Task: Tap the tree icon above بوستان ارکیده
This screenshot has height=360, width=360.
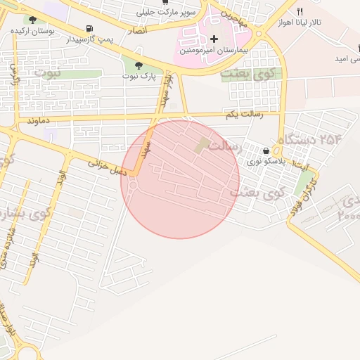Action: pos(32,20)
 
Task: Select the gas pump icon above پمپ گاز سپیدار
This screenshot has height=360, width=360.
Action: pos(89,29)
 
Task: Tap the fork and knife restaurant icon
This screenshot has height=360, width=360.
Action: pos(300,11)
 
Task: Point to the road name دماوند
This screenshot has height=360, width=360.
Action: pos(40,121)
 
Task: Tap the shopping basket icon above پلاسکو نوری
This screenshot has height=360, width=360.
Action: pos(266,150)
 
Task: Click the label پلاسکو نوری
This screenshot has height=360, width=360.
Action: pos(262,162)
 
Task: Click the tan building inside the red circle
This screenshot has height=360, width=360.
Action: pos(203,146)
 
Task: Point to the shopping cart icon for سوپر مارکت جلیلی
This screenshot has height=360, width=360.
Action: pos(165,2)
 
